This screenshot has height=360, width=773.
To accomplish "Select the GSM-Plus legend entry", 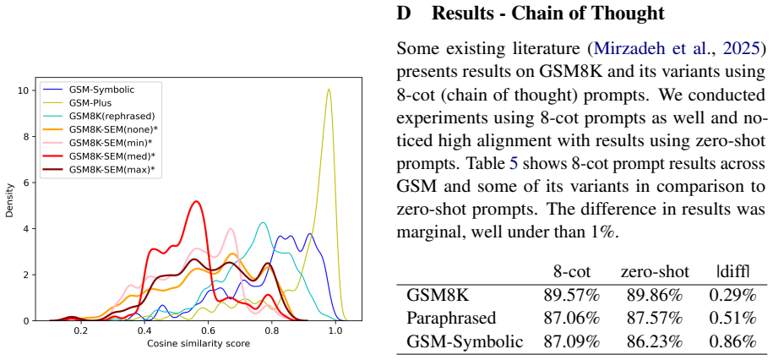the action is click(x=80, y=103).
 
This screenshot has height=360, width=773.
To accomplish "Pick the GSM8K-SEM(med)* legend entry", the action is click(x=102, y=155).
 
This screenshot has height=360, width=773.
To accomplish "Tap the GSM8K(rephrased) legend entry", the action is click(x=99, y=117).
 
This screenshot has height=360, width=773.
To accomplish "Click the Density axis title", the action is click(x=9, y=199).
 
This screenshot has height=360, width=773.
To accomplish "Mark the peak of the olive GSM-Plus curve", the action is click(x=329, y=90).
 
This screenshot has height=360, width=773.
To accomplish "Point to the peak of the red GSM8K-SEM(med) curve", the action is click(x=197, y=201).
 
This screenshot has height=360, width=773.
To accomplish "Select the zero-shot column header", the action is click(x=656, y=272).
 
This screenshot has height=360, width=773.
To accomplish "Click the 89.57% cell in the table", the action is click(x=571, y=295).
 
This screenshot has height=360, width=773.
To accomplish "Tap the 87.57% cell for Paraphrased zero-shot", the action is click(x=654, y=318).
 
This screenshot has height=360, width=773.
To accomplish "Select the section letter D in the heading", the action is click(x=403, y=14).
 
